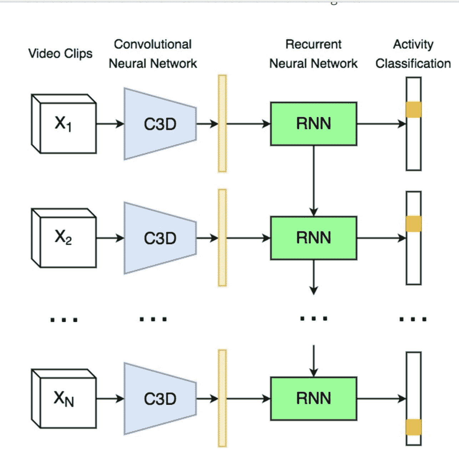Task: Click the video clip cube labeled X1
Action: click(x=64, y=124)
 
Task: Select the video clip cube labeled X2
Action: click(x=64, y=238)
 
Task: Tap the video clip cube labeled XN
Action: click(x=64, y=399)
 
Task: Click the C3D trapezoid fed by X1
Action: click(x=160, y=124)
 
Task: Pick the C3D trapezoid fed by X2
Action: click(x=160, y=238)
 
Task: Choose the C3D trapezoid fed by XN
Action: click(x=160, y=399)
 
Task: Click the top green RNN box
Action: click(x=313, y=124)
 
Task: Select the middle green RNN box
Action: click(x=313, y=238)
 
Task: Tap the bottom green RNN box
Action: click(x=313, y=399)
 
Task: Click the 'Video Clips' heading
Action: click(x=60, y=54)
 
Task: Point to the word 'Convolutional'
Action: click(x=153, y=44)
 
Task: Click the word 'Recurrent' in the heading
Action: click(x=313, y=44)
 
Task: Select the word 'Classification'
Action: click(x=413, y=64)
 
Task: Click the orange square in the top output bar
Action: click(x=413, y=110)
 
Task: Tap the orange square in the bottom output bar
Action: click(x=413, y=427)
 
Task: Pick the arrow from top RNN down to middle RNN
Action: click(x=313, y=181)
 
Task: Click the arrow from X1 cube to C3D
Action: click(x=110, y=124)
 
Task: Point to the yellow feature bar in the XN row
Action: click(x=222, y=398)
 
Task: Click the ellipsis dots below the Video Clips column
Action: click(x=64, y=320)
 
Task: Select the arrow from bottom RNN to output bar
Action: click(x=382, y=399)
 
